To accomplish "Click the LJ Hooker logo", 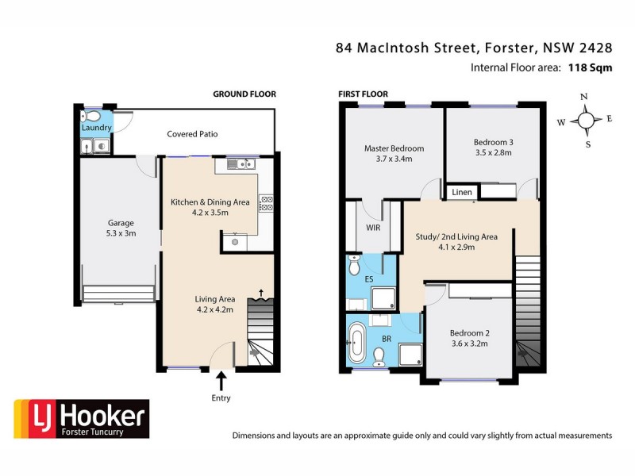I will click(x=79, y=419).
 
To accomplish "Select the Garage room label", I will click(x=121, y=223).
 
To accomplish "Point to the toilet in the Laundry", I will click(x=91, y=115).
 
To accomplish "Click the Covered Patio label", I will click(x=192, y=134).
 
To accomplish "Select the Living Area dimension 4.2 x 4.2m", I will click(x=214, y=310).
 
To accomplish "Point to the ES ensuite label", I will click(x=369, y=279).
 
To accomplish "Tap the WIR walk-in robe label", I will click(x=373, y=228).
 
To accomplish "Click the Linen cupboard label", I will click(x=462, y=193).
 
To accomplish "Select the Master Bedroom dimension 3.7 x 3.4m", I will click(x=394, y=159).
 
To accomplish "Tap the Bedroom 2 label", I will click(x=468, y=333).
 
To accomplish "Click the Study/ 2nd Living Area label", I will click(x=456, y=236).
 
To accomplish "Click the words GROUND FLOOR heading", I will click(x=244, y=94).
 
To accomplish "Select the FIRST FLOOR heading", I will click(x=363, y=94).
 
